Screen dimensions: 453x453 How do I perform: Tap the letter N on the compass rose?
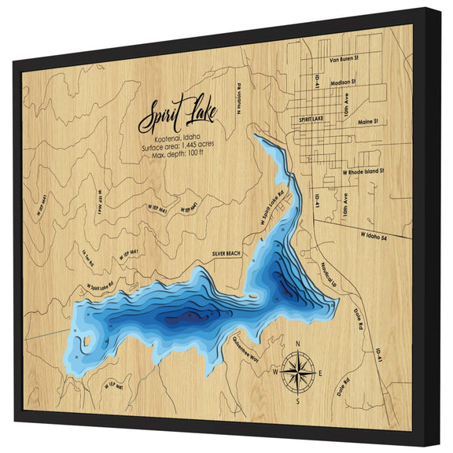click(296, 344)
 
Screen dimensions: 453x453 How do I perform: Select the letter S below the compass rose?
click(297, 401)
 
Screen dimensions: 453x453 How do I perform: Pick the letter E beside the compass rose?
click(319, 372)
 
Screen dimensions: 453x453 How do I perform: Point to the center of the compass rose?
click(297, 370)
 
